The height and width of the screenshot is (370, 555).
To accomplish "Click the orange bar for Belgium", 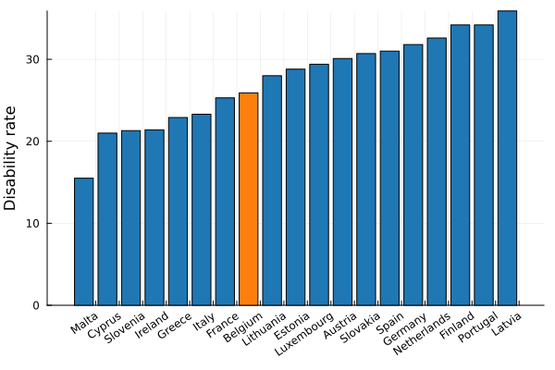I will pyautogui.click(x=248, y=199).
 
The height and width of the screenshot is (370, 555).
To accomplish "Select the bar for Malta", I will pyautogui.click(x=83, y=241).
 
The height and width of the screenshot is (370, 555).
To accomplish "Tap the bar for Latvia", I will pyautogui.click(x=507, y=158).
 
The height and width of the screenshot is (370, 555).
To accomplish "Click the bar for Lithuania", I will pyautogui.click(x=272, y=191).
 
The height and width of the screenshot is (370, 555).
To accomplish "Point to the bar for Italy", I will pyautogui.click(x=202, y=210).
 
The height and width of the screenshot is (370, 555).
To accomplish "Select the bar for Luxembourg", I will pyautogui.click(x=319, y=185).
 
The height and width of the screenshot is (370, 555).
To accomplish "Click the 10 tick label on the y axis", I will pyautogui.click(x=33, y=223).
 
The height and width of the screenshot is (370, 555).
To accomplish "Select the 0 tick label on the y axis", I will pyautogui.click(x=37, y=305).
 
